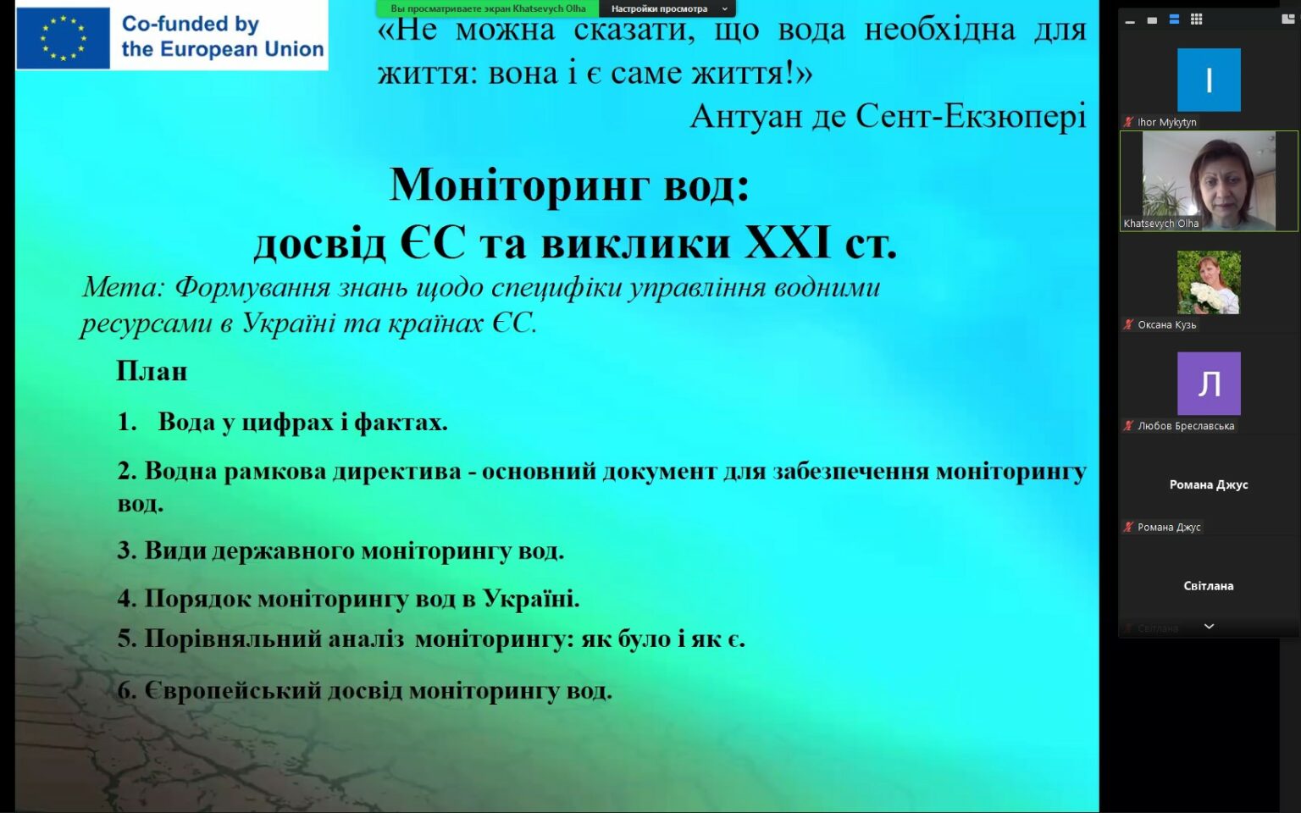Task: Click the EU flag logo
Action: tap(63, 38)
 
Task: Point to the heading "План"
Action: tap(152, 371)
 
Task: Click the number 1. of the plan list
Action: tap(126, 423)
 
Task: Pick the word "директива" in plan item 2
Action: tap(397, 471)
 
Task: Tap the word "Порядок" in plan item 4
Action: tap(197, 598)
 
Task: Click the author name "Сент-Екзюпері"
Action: tap(971, 116)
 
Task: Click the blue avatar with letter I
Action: tap(1209, 80)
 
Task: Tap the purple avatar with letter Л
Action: tap(1209, 384)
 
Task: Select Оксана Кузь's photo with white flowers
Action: tap(1209, 282)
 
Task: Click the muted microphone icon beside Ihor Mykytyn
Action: tap(1128, 122)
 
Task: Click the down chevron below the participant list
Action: tap(1209, 626)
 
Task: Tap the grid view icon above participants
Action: tap(1196, 19)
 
